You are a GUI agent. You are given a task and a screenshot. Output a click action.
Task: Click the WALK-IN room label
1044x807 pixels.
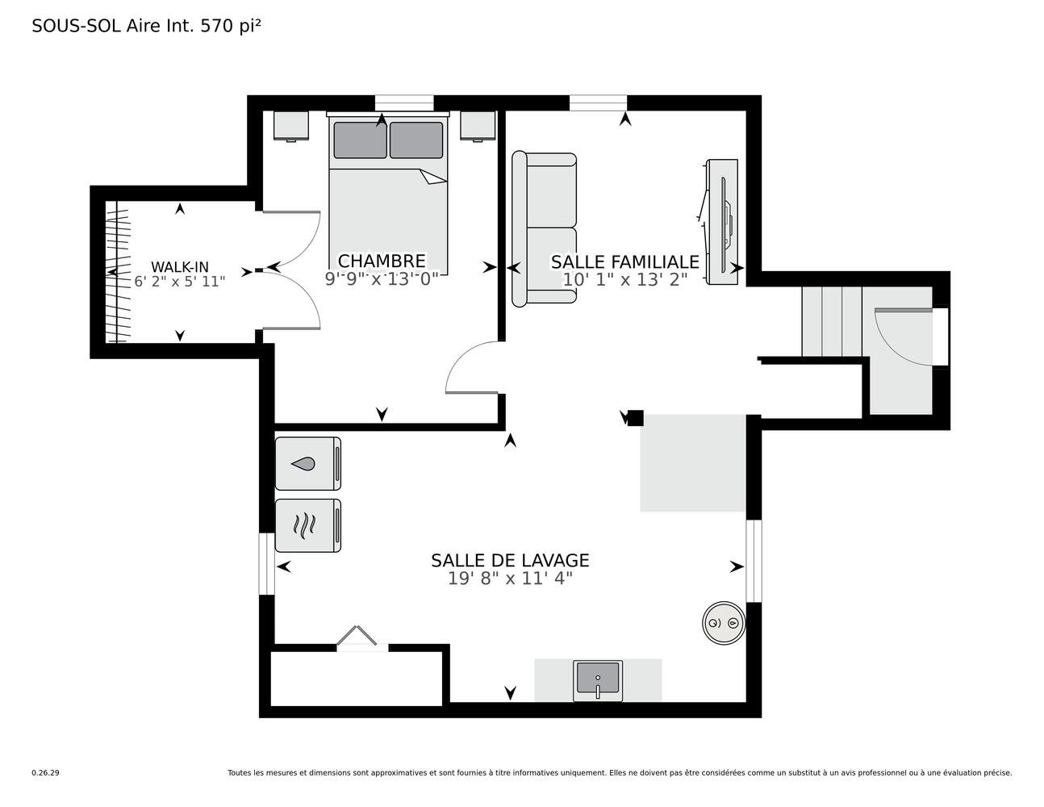point(180,267)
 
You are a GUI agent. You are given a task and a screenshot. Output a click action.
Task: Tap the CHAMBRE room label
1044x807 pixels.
point(382,261)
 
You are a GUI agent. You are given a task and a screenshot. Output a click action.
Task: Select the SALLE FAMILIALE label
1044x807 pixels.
point(624,262)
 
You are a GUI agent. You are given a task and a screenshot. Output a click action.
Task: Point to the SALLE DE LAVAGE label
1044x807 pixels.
point(510,561)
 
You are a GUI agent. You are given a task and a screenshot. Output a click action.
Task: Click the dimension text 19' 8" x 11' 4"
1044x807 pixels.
point(510,579)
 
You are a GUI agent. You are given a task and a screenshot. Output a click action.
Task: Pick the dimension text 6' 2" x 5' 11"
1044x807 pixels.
point(180,282)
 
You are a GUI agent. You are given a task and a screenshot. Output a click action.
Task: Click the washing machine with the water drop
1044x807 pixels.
point(308,463)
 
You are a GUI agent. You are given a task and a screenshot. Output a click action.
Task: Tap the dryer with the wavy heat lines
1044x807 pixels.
point(308,525)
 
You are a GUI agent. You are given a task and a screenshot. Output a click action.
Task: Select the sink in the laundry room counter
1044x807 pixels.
point(598,680)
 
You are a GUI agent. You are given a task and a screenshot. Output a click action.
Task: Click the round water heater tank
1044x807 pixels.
point(724,623)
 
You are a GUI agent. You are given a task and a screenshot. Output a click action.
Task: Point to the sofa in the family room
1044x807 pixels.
point(544,228)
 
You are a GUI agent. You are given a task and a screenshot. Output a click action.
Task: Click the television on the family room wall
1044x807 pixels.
point(722,222)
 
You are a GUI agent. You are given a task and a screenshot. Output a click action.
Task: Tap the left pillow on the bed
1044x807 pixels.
point(361,140)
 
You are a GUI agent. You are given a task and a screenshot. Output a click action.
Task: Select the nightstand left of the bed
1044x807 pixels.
point(290,126)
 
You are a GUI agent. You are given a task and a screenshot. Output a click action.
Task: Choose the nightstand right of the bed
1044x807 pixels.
point(478,126)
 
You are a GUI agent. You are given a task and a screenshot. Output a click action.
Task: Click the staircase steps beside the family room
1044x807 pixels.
point(832,321)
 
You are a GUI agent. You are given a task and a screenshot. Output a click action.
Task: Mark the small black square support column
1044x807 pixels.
point(636,418)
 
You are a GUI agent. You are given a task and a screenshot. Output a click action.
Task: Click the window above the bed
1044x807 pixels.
point(404,102)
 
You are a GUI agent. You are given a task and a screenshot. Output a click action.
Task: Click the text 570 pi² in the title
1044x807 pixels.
point(231,26)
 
